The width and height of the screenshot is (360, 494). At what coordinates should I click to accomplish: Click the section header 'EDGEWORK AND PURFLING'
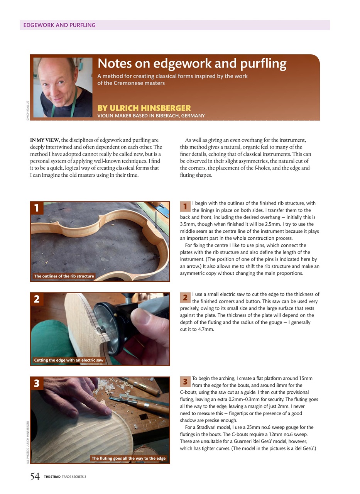pyautogui.click(x=59, y=25)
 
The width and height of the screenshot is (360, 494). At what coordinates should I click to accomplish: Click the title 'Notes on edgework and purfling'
pyautogui.click(x=192, y=63)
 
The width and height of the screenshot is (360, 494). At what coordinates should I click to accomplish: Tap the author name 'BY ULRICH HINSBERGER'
pyautogui.click(x=144, y=108)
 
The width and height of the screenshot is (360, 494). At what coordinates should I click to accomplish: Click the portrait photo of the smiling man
pyautogui.click(x=63, y=88)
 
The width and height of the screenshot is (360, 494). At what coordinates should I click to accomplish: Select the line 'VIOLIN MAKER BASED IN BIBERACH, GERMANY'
pyautogui.click(x=151, y=116)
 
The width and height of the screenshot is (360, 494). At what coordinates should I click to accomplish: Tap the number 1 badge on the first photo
pyautogui.click(x=37, y=208)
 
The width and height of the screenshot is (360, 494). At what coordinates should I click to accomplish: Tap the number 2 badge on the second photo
pyautogui.click(x=37, y=299)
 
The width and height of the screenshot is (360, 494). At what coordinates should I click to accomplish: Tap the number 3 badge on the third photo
pyautogui.click(x=37, y=383)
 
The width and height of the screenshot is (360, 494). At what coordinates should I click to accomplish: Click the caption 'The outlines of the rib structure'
pyautogui.click(x=64, y=276)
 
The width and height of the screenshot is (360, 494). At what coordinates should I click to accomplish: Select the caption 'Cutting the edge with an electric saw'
pyautogui.click(x=69, y=360)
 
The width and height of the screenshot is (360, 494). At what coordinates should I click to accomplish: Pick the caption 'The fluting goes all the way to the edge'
pyautogui.click(x=128, y=458)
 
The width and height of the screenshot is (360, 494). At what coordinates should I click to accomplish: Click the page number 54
pyautogui.click(x=35, y=477)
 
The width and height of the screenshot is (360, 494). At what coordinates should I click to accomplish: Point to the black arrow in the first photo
pyautogui.click(x=156, y=220)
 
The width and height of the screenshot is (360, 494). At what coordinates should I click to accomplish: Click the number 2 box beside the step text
pyautogui.click(x=185, y=298)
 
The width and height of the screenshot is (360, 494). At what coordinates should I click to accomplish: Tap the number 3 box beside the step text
pyautogui.click(x=185, y=382)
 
